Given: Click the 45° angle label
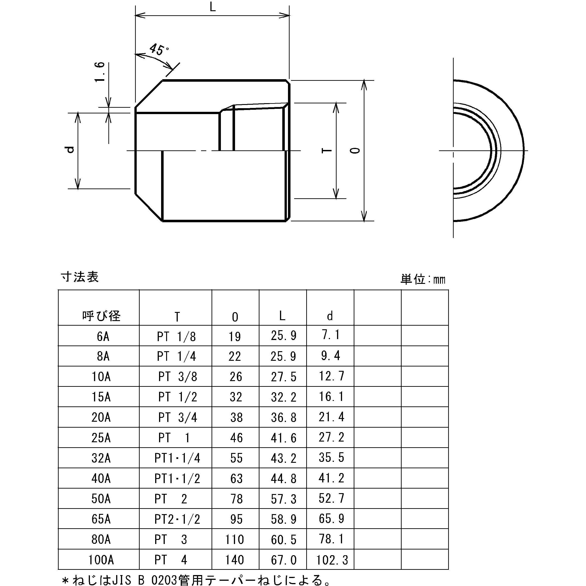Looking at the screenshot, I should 158,50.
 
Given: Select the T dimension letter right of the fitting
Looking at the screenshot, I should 327,151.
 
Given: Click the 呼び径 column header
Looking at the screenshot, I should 101,316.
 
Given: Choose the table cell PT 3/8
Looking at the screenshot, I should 178,377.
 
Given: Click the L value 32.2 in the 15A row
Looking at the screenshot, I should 283,397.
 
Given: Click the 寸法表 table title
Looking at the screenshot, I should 80,277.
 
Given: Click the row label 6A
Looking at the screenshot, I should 103,336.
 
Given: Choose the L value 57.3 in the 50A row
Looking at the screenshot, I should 283,499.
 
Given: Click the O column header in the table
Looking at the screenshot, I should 235,317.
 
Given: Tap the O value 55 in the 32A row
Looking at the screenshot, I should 236,458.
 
